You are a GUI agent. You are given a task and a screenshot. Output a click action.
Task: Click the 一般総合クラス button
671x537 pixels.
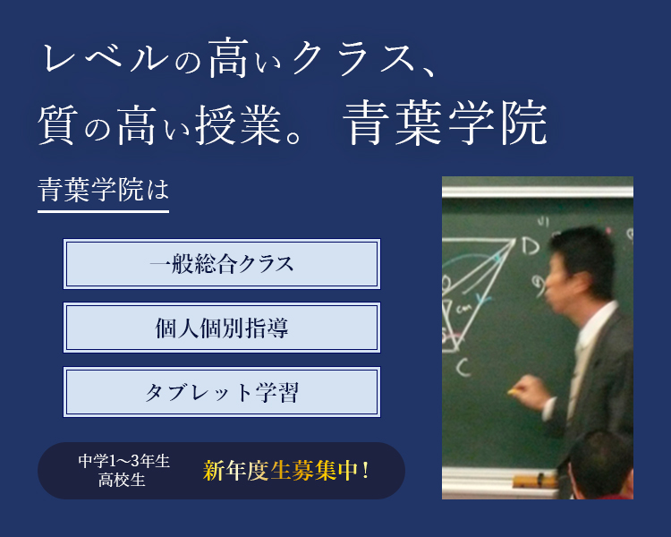coord(222,264)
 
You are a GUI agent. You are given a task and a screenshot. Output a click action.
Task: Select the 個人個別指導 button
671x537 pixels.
coord(222,328)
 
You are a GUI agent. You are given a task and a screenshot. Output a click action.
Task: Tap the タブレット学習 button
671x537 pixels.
coord(222,392)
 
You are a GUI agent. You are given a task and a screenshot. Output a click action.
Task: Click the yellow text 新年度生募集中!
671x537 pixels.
coord(286,471)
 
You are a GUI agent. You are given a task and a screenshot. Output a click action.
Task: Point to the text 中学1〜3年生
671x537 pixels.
coord(124,461)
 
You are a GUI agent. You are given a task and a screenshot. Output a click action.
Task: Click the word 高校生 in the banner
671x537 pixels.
coord(122,480)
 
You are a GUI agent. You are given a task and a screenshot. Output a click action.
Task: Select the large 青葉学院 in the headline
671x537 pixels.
coord(445,124)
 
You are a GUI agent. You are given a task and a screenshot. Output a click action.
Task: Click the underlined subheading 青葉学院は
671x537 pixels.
coord(103,190)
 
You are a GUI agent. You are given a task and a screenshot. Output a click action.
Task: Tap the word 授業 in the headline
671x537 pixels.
coord(238,125)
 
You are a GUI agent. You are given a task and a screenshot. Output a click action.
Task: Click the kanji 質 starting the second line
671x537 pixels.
coord(58,125)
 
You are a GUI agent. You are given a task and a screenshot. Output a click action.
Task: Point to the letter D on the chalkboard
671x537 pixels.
coord(531,246)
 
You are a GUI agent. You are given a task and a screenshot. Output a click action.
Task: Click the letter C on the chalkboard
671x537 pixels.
coord(463,367)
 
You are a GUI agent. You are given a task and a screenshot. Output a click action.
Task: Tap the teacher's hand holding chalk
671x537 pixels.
coord(526,390)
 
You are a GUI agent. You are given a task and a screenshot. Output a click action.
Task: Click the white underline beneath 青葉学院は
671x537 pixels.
coord(103,211)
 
